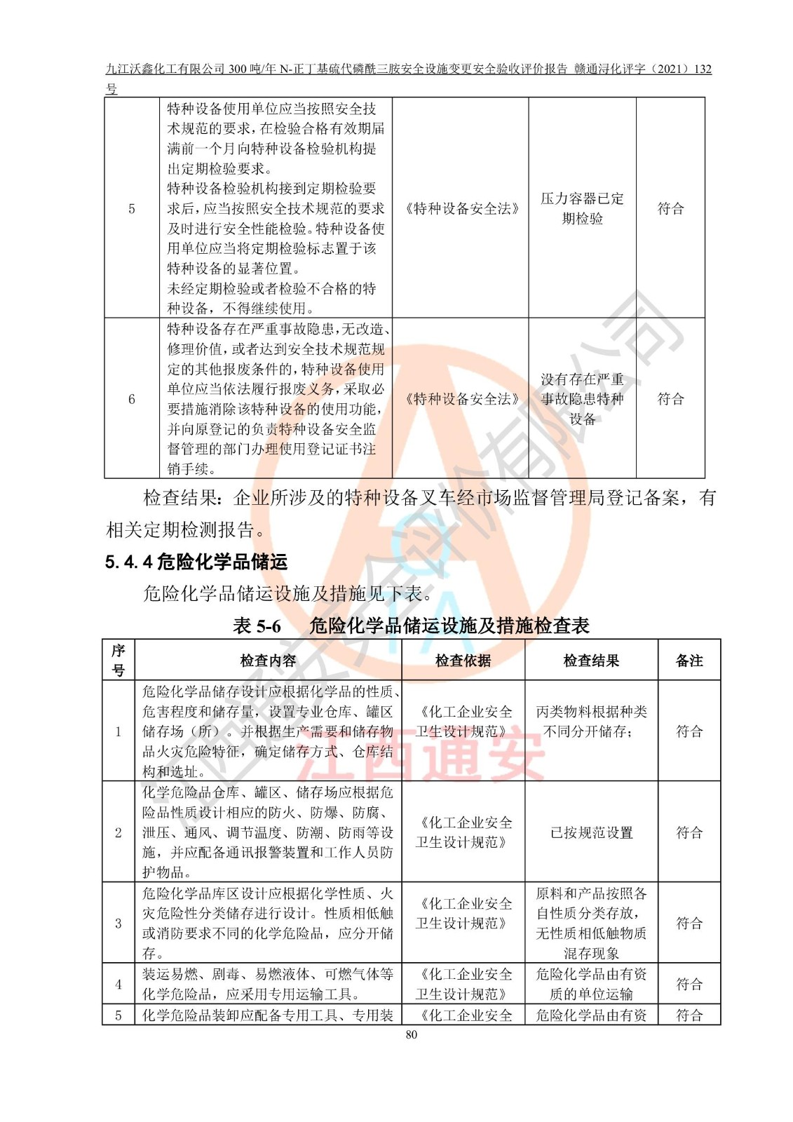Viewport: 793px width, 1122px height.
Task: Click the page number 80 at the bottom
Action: pos(411,1034)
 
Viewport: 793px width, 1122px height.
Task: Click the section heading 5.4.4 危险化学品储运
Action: pos(196,562)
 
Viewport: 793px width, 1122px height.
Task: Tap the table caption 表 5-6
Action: pos(257,626)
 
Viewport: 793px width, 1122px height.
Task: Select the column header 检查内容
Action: pos(268,661)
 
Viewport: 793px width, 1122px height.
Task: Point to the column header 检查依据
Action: pos(463,661)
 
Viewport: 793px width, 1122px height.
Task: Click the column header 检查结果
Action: pos(591,661)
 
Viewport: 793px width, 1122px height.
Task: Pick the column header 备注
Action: pos(689,661)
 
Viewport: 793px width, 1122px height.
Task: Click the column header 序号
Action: pos(118,660)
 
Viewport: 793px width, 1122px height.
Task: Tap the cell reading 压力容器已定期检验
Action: pos(582,208)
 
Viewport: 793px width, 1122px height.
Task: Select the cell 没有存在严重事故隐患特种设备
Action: pos(582,399)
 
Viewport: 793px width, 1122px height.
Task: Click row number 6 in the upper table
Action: pos(131,399)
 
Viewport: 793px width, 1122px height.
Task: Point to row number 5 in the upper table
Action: pos(131,208)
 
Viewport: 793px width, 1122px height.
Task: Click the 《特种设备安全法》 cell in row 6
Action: pos(462,399)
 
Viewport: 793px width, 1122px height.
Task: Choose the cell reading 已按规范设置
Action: pos(591,832)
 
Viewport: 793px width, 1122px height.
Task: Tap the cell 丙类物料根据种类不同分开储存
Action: pos(591,722)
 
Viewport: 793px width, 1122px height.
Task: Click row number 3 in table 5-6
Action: pos(118,923)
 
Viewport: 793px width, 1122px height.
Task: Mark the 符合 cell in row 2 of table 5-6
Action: pos(689,832)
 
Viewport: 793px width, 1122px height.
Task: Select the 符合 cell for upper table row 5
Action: pos(670,208)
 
